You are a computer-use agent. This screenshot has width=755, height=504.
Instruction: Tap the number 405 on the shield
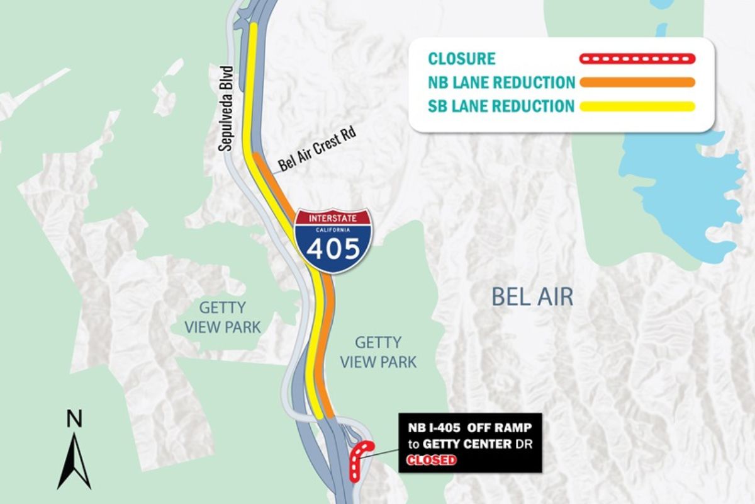tap(333, 249)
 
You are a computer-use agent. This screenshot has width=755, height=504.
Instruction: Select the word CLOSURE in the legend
tap(462, 59)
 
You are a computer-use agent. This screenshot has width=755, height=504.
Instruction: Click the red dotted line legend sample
tap(636, 59)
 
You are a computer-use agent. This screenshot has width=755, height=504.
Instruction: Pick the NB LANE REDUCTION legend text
tap(501, 83)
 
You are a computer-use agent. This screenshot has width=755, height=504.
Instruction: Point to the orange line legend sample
tap(636, 82)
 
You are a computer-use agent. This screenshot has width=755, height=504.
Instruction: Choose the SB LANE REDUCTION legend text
tap(501, 105)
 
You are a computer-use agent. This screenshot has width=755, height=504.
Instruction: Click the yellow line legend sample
tap(636, 106)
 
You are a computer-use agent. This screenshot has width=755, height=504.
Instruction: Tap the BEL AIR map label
tap(532, 297)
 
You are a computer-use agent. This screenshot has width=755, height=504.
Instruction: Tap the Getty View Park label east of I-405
tap(377, 352)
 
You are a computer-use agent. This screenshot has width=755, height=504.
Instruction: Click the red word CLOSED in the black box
tap(432, 460)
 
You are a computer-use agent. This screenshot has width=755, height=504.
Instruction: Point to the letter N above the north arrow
tap(74, 418)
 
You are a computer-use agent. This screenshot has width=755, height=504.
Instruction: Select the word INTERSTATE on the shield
tap(333, 219)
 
